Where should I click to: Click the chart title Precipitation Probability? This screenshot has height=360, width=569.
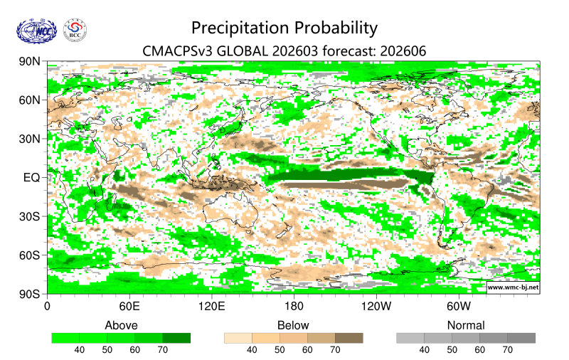(x=284, y=28)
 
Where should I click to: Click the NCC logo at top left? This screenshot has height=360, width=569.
(x=36, y=31)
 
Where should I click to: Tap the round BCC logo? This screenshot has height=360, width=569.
(x=75, y=31)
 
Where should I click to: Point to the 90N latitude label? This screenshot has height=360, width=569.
(x=31, y=62)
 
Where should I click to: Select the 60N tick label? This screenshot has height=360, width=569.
(x=31, y=100)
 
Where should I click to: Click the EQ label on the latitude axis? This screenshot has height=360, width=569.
(x=32, y=177)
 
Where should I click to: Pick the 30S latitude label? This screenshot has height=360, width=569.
(x=31, y=216)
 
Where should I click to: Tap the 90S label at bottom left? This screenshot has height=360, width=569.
(x=31, y=293)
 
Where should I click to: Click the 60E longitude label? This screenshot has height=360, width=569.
(x=128, y=307)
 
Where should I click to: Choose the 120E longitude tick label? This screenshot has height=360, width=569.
(x=211, y=307)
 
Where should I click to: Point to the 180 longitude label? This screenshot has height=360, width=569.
(x=294, y=307)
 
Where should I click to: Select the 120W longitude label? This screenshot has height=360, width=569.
(x=376, y=307)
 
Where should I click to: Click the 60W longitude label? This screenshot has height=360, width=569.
(x=459, y=307)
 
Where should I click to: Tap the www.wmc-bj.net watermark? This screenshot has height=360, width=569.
(x=512, y=287)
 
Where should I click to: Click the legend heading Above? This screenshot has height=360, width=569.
(x=121, y=325)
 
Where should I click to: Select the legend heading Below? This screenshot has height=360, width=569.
(x=293, y=325)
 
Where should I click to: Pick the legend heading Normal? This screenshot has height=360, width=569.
(x=465, y=325)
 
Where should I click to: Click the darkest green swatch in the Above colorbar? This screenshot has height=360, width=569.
(x=176, y=338)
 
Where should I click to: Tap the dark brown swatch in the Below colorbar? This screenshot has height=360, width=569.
(x=349, y=338)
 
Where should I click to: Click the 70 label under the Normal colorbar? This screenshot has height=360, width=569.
(x=508, y=350)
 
